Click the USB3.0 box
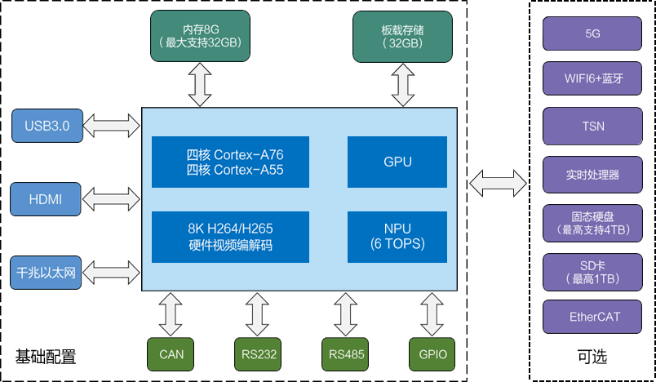(47, 126)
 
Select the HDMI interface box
(47, 199)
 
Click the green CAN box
(171, 354)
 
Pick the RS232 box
(258, 354)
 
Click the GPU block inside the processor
(397, 162)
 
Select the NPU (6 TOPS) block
(397, 237)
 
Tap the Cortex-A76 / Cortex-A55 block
(231, 162)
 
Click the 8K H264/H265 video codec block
(231, 237)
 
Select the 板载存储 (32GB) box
(402, 36)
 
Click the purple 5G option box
(592, 33)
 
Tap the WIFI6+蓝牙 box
(592, 79)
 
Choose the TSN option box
(592, 127)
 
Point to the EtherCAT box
(592, 317)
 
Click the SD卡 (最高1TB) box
(592, 269)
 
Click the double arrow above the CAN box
(171, 313)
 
